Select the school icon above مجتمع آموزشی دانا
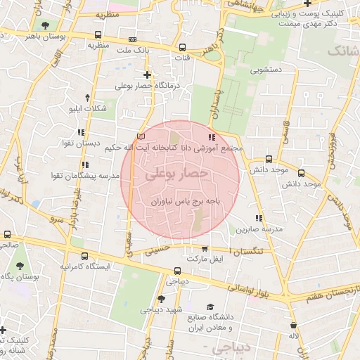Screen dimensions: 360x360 click(x=212, y=137)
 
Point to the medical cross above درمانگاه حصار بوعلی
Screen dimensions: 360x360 click(x=147, y=75)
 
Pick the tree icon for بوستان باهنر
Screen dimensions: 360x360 click(x=46, y=25)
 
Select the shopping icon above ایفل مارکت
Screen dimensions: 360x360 click(x=205, y=248)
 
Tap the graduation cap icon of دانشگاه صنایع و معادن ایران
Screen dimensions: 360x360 click(x=211, y=307)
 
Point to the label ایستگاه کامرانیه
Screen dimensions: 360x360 click(x=84, y=268)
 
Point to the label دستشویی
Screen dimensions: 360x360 click(x=263, y=70)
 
